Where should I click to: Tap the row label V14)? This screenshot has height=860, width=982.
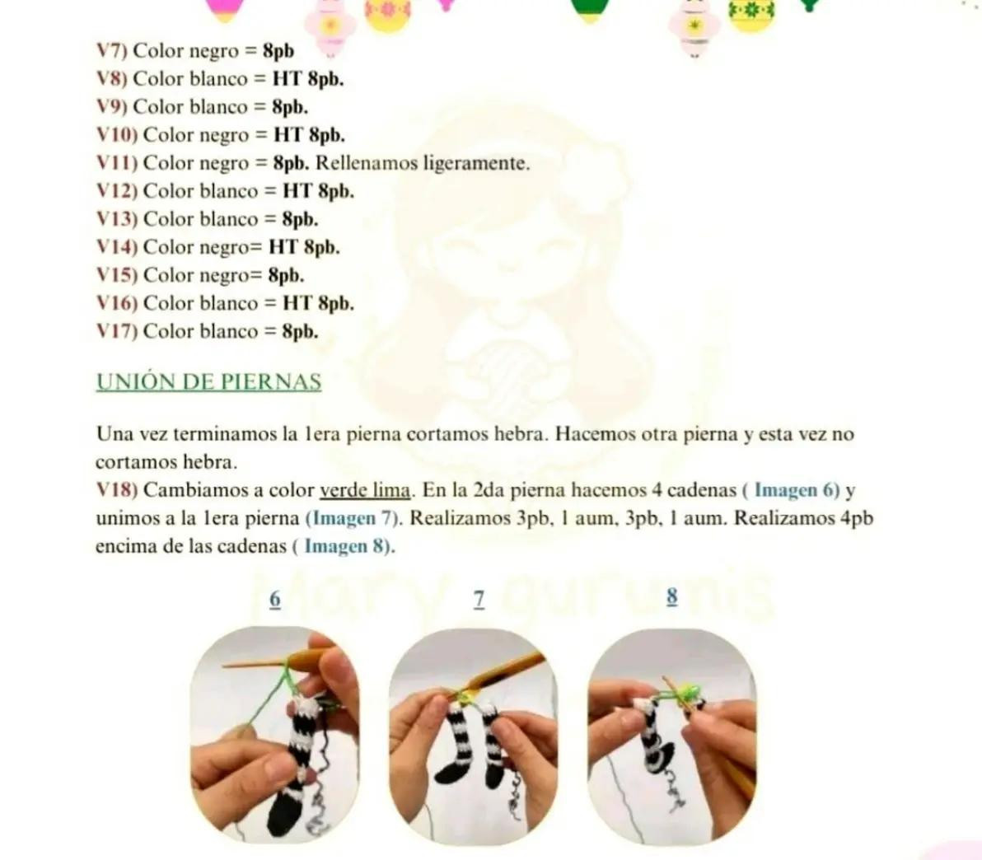[116, 247]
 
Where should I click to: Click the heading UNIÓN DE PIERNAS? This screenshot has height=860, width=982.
[208, 381]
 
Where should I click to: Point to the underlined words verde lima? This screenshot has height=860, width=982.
[366, 490]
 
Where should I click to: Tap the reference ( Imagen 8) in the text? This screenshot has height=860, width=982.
[344, 546]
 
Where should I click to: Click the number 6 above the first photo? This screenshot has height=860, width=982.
[275, 600]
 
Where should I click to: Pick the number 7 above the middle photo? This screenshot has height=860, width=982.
[479, 600]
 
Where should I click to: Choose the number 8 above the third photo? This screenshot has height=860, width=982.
[672, 597]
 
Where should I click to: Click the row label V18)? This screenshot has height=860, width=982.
[116, 490]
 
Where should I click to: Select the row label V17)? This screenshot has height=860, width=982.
[116, 330]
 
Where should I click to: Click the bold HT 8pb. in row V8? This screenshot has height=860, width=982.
[308, 79]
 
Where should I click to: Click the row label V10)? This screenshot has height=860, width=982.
[116, 134]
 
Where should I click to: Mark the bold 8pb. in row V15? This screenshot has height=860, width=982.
[286, 275]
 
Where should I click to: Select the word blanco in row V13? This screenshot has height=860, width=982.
[228, 218]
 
